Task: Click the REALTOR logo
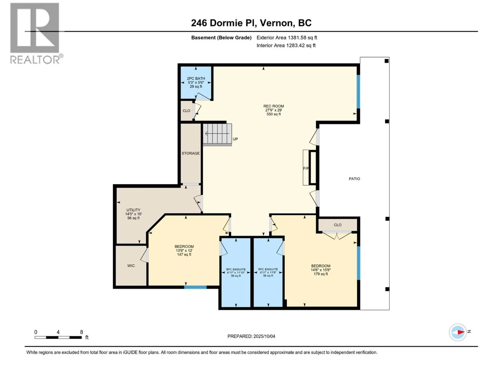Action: [35, 33]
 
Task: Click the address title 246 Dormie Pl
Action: [251, 23]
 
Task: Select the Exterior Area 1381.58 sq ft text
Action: [286, 38]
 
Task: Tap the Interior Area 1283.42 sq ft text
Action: [286, 46]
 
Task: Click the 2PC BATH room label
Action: [196, 82]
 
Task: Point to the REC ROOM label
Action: [274, 110]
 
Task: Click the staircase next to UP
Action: [217, 134]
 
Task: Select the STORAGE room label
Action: [191, 153]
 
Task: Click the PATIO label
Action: [354, 179]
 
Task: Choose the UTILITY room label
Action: [133, 214]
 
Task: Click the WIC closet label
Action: [131, 266]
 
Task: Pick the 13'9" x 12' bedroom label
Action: [184, 250]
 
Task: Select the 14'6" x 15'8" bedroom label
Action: [321, 270]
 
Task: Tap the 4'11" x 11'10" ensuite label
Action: [236, 272]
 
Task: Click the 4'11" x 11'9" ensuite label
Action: [268, 272]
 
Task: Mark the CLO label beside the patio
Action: [338, 225]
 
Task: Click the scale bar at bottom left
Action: [58, 337]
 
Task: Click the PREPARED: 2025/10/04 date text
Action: [251, 336]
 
